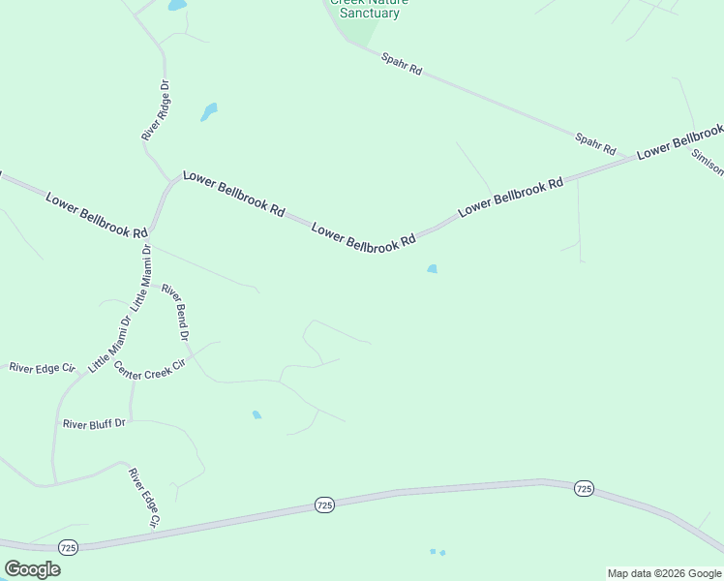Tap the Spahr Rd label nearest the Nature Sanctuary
pyautogui.click(x=402, y=64)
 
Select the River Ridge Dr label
pyautogui.click(x=156, y=110)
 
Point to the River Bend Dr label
pyautogui.click(x=175, y=311)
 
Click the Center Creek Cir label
pyautogui.click(x=149, y=369)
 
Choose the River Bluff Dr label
pyautogui.click(x=94, y=423)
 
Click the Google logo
pyautogui.click(x=32, y=568)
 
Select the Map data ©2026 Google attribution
pyautogui.click(x=665, y=573)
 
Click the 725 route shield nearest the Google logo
pyautogui.click(x=68, y=548)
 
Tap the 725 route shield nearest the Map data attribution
pyautogui.click(x=583, y=489)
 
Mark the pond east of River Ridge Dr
pyautogui.click(x=209, y=111)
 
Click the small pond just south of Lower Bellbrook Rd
pyautogui.click(x=432, y=269)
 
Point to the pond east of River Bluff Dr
pyautogui.click(x=256, y=415)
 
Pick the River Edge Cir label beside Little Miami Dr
pyautogui.click(x=42, y=368)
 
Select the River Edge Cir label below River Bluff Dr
pyautogui.click(x=142, y=498)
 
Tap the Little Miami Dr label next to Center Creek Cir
pyautogui.click(x=110, y=345)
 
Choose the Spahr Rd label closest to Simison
pyautogui.click(x=595, y=144)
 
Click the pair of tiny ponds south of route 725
pyautogui.click(x=437, y=552)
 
